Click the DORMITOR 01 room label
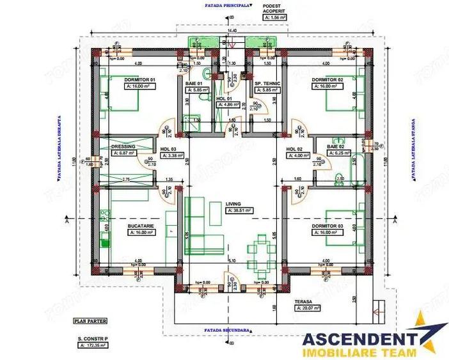click(x=140, y=80)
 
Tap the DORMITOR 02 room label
click(x=327, y=80)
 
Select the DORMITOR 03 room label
click(x=327, y=226)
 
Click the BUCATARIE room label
click(x=141, y=226)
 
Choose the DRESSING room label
click(x=123, y=146)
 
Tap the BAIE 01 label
click(x=194, y=84)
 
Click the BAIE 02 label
click(x=336, y=146)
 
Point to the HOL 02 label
click(x=295, y=148)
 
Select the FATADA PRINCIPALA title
click(x=223, y=4)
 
